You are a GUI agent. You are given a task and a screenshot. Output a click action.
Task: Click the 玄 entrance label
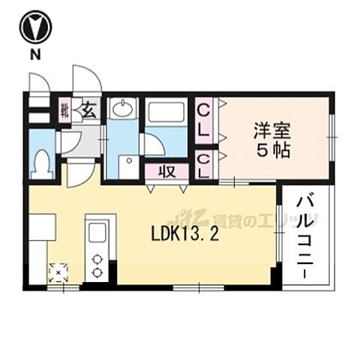pos(88,112)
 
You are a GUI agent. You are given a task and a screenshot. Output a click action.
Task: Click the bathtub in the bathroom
pos(165,113)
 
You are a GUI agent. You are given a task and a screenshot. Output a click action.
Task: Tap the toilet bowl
pos(43,163)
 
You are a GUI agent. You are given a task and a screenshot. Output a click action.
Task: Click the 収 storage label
pos(168,171)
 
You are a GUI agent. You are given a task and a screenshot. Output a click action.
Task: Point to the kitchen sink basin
pos(96,233)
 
